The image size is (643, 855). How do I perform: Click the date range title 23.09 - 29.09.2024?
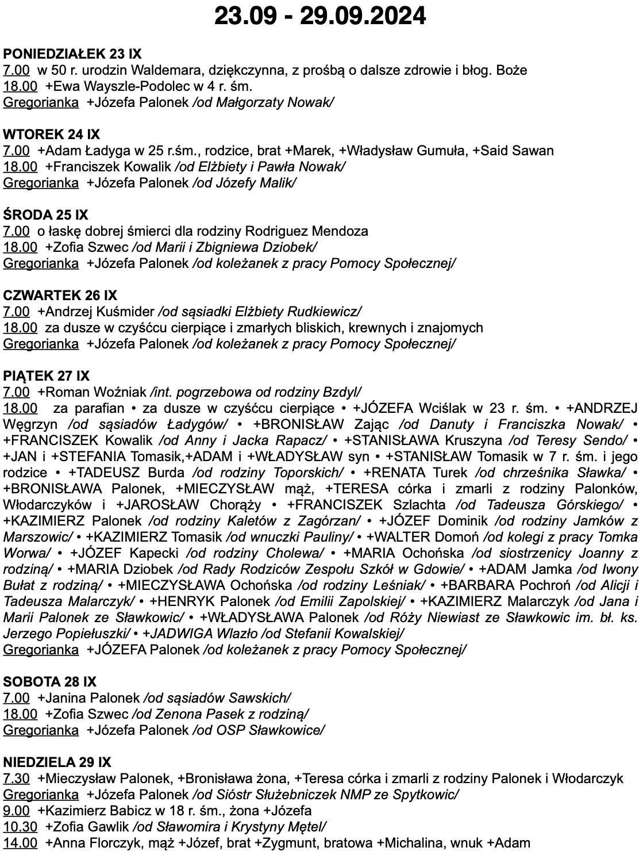[320, 16]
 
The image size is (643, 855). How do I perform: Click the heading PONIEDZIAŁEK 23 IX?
[72, 54]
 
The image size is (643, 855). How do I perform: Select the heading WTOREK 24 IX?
[52, 135]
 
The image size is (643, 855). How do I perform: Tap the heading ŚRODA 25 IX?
[46, 215]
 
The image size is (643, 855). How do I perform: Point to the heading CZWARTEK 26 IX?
[60, 296]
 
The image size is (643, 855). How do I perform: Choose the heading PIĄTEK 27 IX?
[47, 376]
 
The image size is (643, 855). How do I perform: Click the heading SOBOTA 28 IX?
[49, 682]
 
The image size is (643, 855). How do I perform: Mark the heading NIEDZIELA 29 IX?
[57, 762]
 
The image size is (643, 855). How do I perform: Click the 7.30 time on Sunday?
[16, 779]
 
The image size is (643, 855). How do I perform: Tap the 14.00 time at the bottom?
[20, 843]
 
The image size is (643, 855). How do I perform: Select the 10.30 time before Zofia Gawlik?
[20, 827]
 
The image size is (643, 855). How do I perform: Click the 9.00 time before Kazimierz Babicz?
[16, 811]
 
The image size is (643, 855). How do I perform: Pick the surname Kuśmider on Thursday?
[129, 312]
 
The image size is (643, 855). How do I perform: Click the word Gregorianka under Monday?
[41, 102]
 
